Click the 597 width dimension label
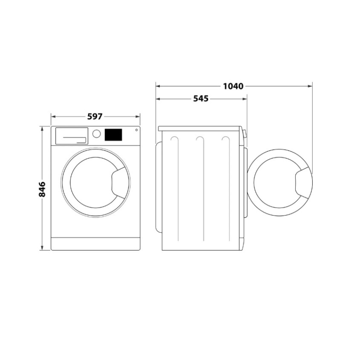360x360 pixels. [95, 117]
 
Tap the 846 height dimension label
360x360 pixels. [42, 189]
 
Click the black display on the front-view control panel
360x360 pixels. [113, 134]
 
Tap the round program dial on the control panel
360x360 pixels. [97, 134]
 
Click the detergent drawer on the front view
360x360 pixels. [72, 135]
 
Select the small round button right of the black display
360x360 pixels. [135, 131]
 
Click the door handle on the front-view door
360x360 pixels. [118, 183]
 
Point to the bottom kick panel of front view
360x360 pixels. [95, 243]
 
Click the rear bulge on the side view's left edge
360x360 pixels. [158, 184]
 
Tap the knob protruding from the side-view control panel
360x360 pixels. [245, 134]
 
